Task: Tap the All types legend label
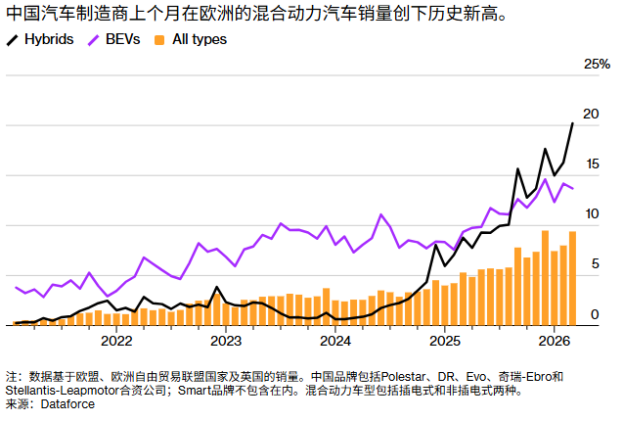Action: coord(199,39)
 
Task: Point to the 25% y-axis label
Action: coord(597,64)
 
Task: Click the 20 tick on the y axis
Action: coord(590,114)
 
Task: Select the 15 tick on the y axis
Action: coord(590,164)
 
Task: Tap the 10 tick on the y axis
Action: coord(590,213)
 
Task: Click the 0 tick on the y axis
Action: coord(594,313)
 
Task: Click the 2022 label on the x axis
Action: coord(116,341)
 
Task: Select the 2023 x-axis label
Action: coord(226,341)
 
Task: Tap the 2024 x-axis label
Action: coord(335,341)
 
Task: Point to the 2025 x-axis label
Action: coord(445,341)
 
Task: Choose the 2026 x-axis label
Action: coord(554,341)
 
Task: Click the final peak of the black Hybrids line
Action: coord(572,123)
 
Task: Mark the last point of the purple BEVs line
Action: coord(572,189)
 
